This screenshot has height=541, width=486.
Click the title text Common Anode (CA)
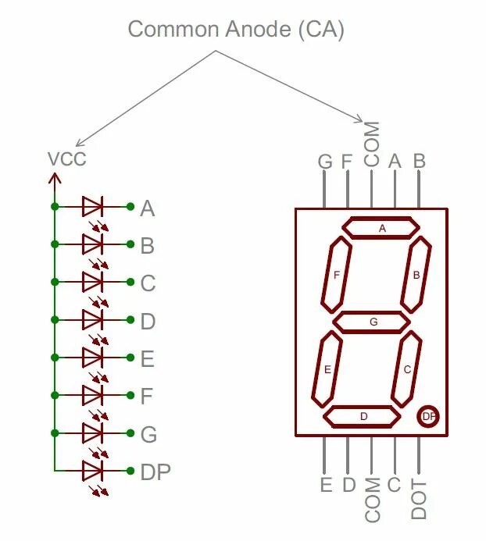pos(236,30)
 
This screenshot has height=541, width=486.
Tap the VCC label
pos(67,159)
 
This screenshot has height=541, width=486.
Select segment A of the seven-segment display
pos(382,227)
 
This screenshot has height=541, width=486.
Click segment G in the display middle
pos(372,321)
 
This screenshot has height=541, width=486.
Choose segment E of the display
pos(327,368)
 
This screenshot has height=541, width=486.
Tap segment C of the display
pos(407,368)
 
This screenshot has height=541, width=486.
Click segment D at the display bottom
pos(363,416)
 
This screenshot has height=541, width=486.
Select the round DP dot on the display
pos(428,416)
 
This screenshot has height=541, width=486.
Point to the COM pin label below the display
pos(373,500)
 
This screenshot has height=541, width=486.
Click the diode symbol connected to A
pos(92,207)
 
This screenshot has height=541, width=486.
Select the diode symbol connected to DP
pos(92,470)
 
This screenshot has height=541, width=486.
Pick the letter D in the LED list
pos(148,321)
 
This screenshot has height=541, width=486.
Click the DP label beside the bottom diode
pos(155,472)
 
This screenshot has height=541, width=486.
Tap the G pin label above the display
pos(325,162)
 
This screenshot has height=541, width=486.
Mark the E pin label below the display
pos(326,485)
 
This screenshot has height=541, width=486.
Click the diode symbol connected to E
pos(92,358)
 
